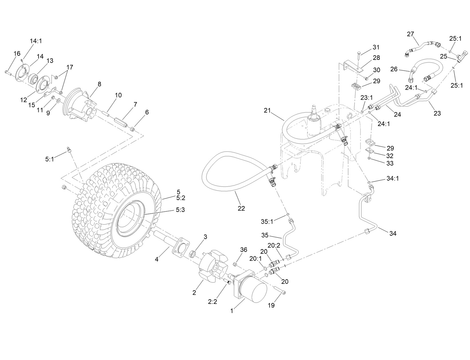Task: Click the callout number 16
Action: tap(17, 53)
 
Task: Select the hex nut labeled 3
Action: tap(193, 254)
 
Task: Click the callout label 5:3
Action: tap(180, 210)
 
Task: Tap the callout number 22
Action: tap(241, 208)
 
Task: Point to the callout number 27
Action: tap(410, 34)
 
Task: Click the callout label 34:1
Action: tap(392, 178)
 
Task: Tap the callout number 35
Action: tap(265, 235)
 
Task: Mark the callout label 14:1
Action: tap(36, 41)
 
